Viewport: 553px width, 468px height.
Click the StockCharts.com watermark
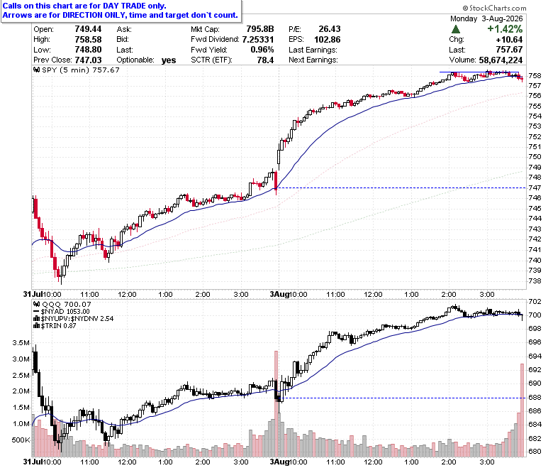point(494,8)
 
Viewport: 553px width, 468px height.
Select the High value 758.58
point(88,40)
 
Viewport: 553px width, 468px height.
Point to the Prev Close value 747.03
point(88,60)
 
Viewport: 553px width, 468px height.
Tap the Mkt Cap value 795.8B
point(260,29)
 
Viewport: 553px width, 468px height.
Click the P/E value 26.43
point(330,29)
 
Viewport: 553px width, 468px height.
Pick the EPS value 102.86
point(328,40)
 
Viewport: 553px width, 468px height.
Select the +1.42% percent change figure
point(505,29)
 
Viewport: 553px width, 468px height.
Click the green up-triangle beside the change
point(456,29)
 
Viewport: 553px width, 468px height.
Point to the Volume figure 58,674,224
point(501,60)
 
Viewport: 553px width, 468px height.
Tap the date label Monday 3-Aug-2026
point(486,18)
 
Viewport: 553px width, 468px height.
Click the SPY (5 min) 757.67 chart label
point(77,70)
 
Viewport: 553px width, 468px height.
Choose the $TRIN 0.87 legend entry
point(55,326)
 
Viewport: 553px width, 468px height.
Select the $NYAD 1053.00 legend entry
point(62,312)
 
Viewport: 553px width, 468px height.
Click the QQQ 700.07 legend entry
point(62,304)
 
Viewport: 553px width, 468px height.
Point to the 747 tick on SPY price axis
point(535,188)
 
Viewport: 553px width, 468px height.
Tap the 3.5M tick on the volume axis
point(21,342)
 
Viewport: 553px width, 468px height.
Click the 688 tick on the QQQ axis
point(535,398)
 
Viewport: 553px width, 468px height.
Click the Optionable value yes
point(169,60)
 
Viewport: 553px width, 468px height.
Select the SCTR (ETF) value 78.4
point(265,60)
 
